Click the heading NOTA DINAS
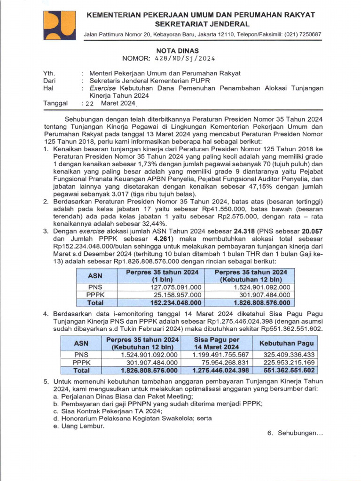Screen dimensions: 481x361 point(177,51)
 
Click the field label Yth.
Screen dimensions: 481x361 point(48,73)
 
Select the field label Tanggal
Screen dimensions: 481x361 point(55,103)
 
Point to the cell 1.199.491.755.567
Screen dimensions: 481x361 point(220,355)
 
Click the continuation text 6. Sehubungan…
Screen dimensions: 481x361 point(295,433)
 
